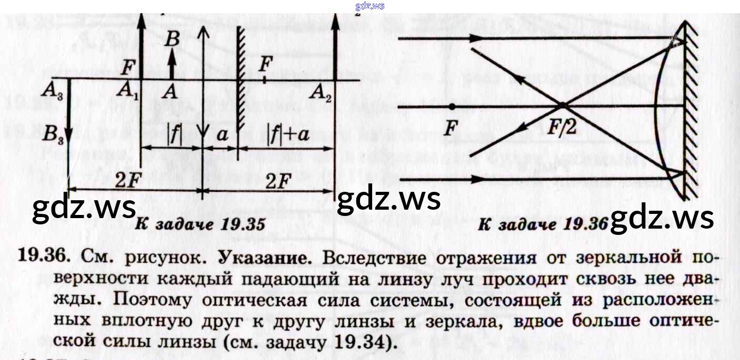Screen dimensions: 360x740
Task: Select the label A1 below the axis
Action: coord(127,92)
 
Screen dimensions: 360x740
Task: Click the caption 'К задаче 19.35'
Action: coord(200,225)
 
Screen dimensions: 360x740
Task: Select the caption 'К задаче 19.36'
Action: coord(543,224)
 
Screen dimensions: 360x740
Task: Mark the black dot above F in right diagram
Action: coord(452,107)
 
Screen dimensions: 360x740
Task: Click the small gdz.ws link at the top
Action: coord(370,6)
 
